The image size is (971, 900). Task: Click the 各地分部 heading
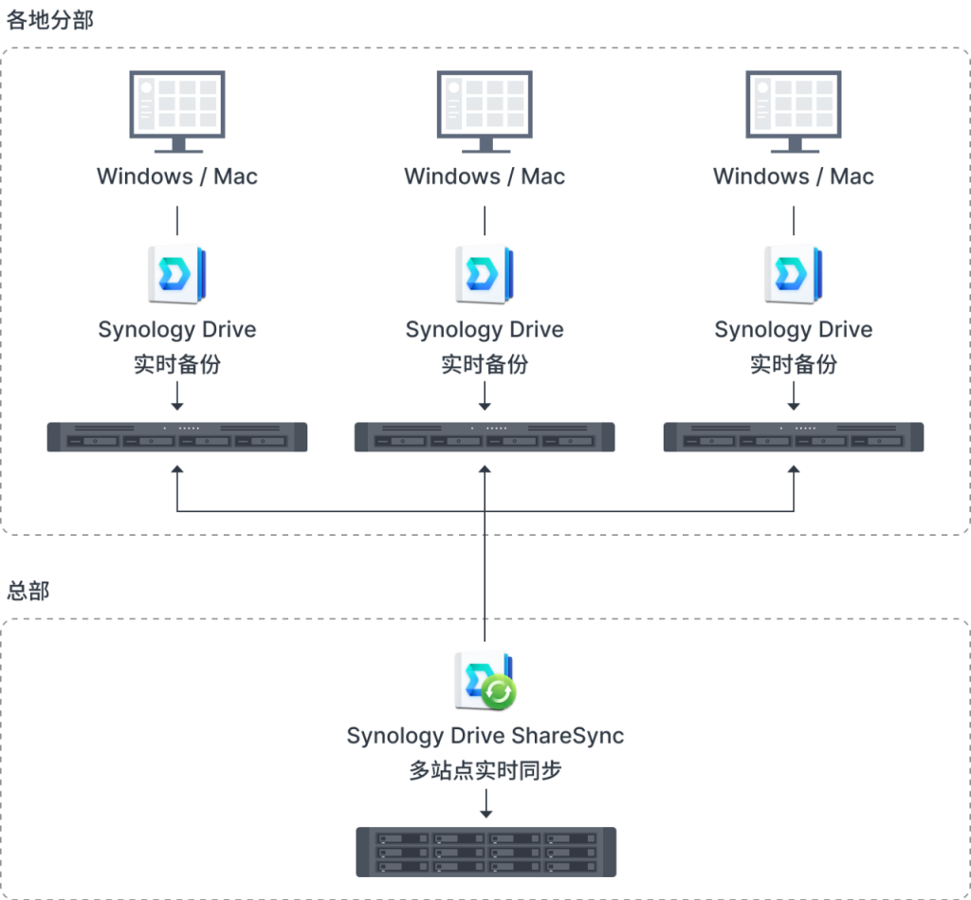[49, 20]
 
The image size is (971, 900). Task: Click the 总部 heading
[27, 590]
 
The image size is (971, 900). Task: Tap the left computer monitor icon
[177, 112]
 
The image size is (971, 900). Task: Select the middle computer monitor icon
[485, 112]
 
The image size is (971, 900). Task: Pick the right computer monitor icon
[794, 112]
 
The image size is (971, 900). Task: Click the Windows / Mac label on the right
[794, 176]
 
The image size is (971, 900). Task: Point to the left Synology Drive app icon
[177, 275]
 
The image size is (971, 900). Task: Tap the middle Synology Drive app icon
[485, 275]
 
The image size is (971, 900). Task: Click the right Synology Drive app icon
[794, 275]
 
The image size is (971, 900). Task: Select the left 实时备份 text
[177, 364]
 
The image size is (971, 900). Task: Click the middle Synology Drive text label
[485, 329]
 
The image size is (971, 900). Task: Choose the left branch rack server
[177, 436]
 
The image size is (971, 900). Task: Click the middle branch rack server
[485, 436]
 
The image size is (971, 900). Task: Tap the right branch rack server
[794, 436]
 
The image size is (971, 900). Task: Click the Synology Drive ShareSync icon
[485, 681]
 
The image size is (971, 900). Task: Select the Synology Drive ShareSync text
[485, 736]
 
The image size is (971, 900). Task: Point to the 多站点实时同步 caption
[485, 770]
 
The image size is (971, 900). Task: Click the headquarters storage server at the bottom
[486, 852]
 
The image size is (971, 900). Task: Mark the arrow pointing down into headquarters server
[486, 803]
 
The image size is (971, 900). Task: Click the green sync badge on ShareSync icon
[499, 692]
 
